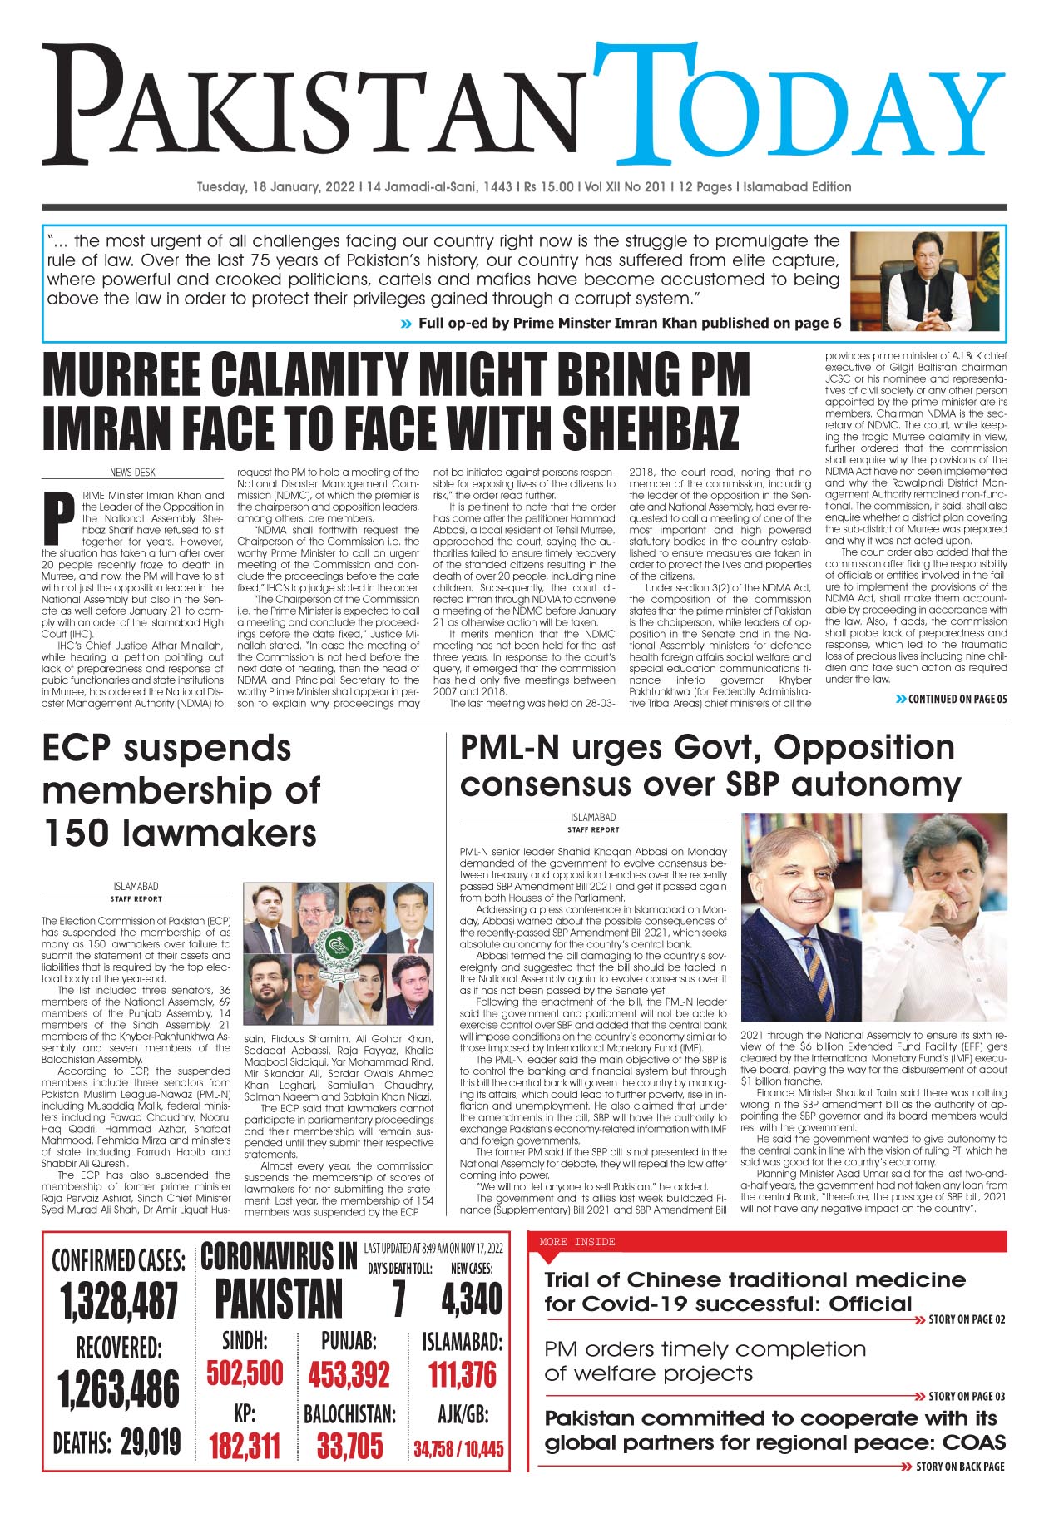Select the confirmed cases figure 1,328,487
point(119,1301)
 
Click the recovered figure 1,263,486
point(119,1389)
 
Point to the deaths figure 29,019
point(151,1441)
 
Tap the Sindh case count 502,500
point(245,1373)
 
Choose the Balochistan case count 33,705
point(349,1446)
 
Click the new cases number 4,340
point(471,1299)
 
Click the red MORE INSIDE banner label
point(577,1242)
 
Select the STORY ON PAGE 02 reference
point(966,1319)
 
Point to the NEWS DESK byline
point(132,472)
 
